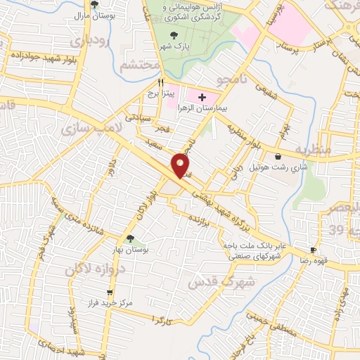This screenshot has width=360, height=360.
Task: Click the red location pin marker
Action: click(x=181, y=165)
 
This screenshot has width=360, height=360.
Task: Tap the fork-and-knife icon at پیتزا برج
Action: click(x=161, y=82)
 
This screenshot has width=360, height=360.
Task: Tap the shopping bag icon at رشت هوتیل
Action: click(x=280, y=156)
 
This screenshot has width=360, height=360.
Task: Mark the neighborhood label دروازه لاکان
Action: click(x=95, y=269)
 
